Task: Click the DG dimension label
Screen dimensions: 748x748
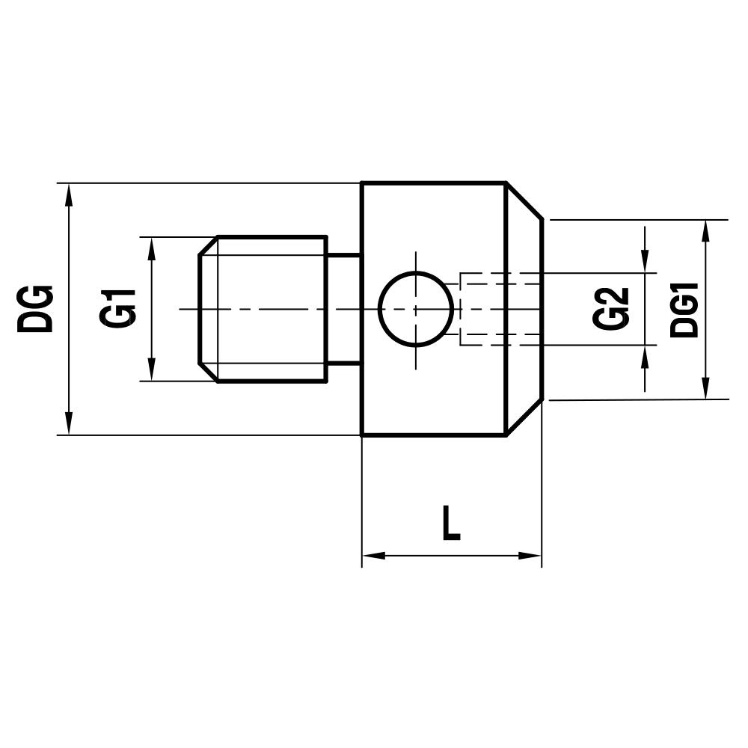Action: (x=36, y=308)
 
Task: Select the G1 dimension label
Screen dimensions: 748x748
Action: (x=119, y=307)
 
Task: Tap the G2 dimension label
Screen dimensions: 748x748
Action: (x=611, y=307)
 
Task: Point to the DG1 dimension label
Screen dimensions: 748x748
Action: (x=684, y=309)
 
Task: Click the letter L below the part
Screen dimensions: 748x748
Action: (x=451, y=523)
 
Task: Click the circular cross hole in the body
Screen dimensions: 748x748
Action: (x=416, y=308)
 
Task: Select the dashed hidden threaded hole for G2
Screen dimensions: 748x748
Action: (x=497, y=308)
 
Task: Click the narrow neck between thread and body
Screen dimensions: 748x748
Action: (x=344, y=308)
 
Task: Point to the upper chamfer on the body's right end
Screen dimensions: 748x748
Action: (x=524, y=200)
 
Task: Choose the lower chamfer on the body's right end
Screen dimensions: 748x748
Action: (x=524, y=417)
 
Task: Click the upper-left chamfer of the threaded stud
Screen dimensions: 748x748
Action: (x=208, y=246)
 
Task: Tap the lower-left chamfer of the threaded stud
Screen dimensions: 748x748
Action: (x=208, y=373)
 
